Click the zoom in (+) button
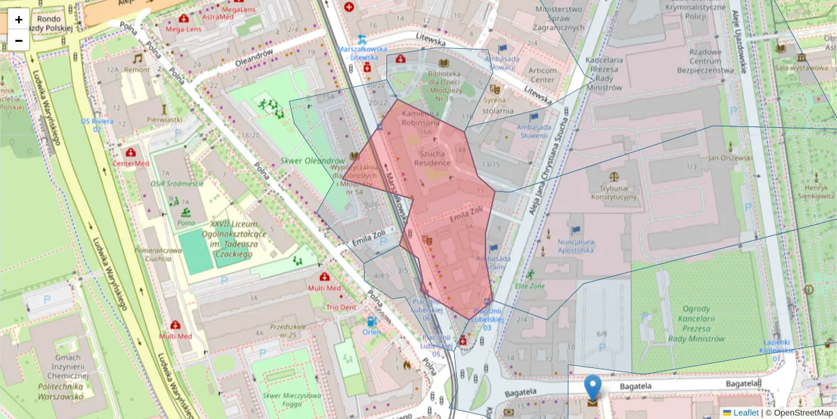click(19, 20)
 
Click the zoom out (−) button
click(19, 41)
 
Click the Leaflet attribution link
click(745, 413)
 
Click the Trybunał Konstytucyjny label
click(614, 192)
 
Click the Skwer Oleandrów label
click(312, 161)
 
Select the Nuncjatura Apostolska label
click(575, 245)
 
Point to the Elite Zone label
click(530, 285)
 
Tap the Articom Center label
click(543, 75)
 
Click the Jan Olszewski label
click(730, 158)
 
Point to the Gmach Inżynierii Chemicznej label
click(61, 371)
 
